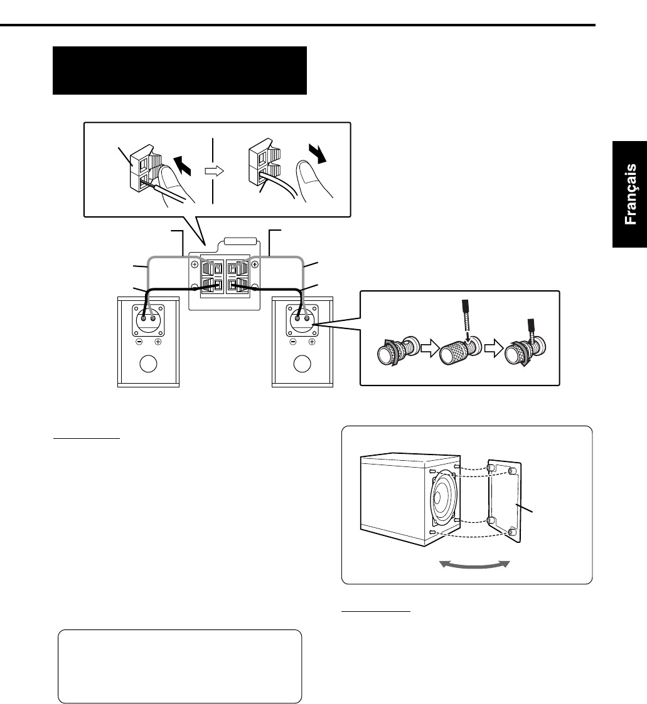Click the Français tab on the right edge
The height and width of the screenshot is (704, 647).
click(630, 194)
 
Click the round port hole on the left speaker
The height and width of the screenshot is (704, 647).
click(149, 364)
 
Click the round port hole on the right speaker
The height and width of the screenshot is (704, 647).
click(302, 364)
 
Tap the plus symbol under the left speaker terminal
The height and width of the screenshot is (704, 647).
click(158, 342)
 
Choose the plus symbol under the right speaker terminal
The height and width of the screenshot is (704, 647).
click(312, 342)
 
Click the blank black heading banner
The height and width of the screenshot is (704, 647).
click(179, 70)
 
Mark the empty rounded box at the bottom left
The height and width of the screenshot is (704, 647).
click(180, 666)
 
